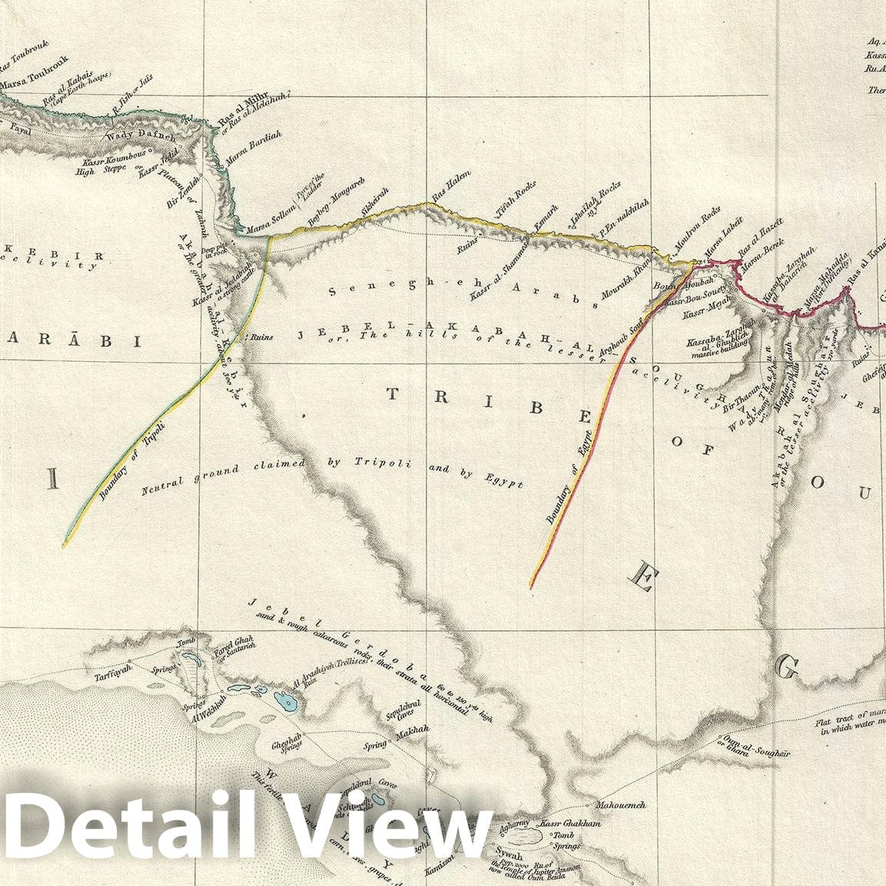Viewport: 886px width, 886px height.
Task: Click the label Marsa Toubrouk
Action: [x=35, y=71]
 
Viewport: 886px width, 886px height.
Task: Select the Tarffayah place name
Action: [x=106, y=665]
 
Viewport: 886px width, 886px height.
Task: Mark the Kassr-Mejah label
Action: [x=705, y=314]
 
